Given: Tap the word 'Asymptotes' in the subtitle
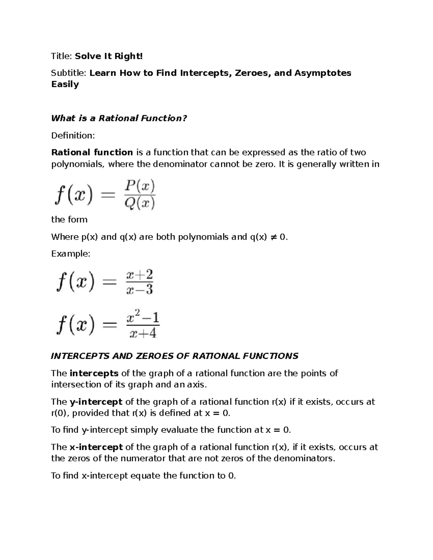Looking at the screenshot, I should tap(323, 73).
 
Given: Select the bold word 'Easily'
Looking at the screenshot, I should tap(65, 84).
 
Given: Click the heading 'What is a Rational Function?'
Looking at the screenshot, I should tap(119, 118).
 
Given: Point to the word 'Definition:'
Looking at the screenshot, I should tap(73, 136).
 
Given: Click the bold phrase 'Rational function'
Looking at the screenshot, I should tap(92, 153).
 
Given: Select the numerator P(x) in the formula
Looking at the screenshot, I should tap(140, 187).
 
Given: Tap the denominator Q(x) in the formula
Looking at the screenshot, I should tap(140, 203).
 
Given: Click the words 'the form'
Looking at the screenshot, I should tap(69, 220).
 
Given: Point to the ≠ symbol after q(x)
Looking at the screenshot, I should tap(273, 237).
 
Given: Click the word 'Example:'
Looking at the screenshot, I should tap(71, 254).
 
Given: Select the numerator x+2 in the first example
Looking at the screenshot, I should tap(140, 275).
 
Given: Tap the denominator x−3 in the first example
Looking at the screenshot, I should tap(140, 290).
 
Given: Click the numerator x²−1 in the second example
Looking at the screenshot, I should tap(143, 318).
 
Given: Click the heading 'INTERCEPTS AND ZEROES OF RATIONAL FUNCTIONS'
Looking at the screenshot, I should tap(175, 356).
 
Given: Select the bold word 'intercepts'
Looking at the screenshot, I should tap(94, 373).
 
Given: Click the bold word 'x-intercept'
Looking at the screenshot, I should tap(96, 447).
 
